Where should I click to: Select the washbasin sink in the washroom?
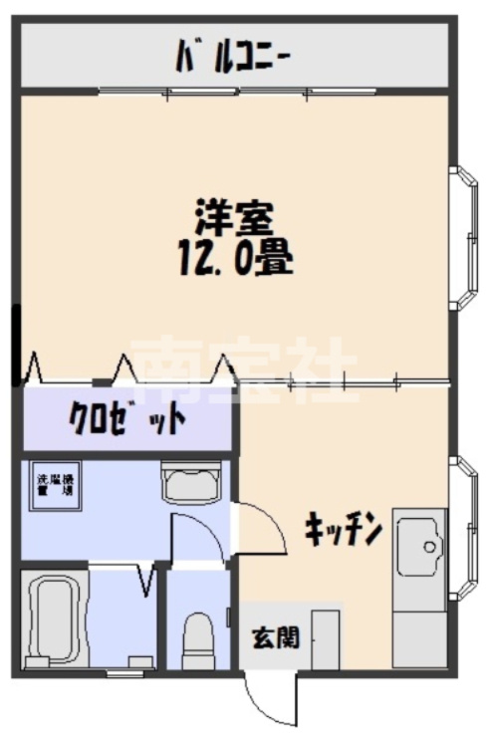click(x=191, y=485)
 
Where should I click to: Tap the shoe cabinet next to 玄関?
click(x=326, y=638)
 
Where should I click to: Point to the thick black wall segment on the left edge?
click(x=16, y=344)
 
